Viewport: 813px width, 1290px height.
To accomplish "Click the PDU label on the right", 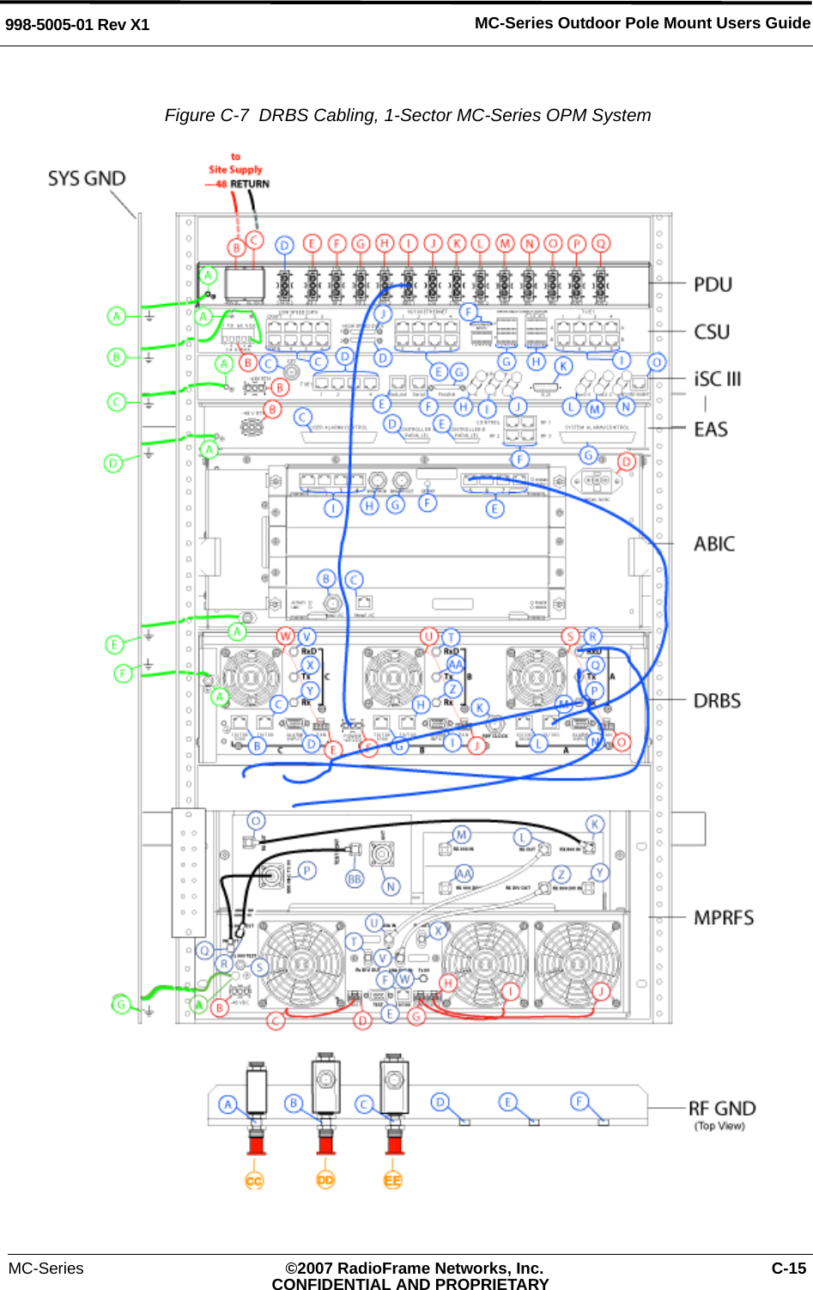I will [713, 285].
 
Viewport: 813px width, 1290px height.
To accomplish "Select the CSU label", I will [712, 332].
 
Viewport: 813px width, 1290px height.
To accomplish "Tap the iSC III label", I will [717, 380].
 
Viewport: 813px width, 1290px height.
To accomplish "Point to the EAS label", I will [711, 429].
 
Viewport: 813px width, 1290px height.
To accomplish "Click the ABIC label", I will [714, 545].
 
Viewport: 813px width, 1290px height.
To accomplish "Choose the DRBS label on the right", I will [717, 702].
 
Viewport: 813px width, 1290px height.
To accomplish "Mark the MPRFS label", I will [724, 918].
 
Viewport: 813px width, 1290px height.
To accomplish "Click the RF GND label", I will [722, 1109].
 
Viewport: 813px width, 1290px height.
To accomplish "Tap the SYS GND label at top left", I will [87, 179].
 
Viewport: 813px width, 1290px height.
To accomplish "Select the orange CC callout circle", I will [254, 1181].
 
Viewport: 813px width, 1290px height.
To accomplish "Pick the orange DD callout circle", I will [325, 1181].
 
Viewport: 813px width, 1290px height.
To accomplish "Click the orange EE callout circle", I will [392, 1181].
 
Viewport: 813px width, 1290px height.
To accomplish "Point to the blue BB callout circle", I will [355, 879].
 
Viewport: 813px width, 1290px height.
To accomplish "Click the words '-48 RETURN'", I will [238, 185].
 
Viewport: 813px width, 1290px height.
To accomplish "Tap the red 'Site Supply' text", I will [235, 170].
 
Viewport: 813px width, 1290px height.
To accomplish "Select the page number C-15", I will [788, 1269].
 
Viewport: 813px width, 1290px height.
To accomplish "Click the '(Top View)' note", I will [719, 1126].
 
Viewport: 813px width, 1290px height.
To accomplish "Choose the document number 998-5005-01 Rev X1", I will [77, 25].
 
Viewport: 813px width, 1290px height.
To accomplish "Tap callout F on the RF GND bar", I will [579, 1101].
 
